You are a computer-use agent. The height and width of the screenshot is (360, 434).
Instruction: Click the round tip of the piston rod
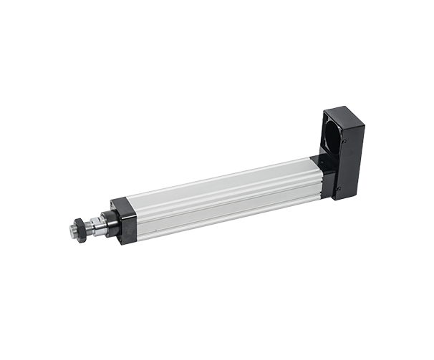click(74, 230)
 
